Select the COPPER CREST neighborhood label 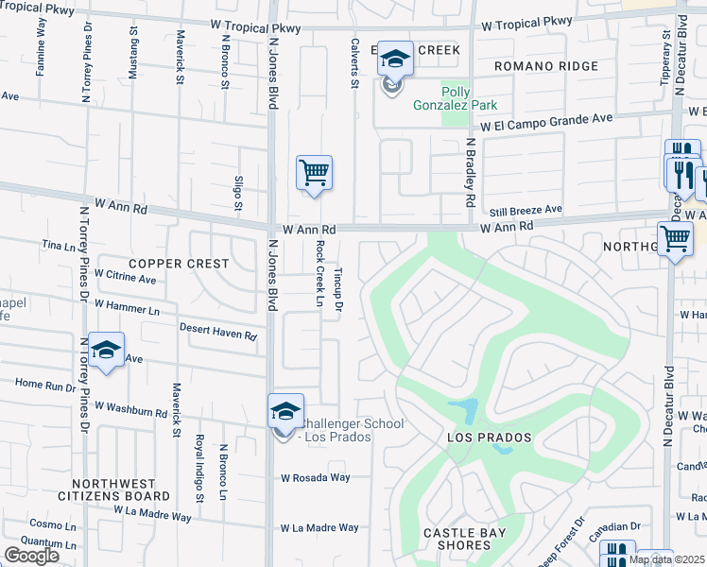180,264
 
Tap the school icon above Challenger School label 285,411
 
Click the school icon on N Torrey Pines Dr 106,350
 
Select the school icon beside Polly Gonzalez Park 395,61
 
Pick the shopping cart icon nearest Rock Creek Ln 314,173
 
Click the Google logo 31,556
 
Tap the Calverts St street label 355,66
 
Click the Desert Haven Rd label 218,332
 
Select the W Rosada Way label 316,478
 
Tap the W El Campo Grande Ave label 545,121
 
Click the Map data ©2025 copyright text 666,559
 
